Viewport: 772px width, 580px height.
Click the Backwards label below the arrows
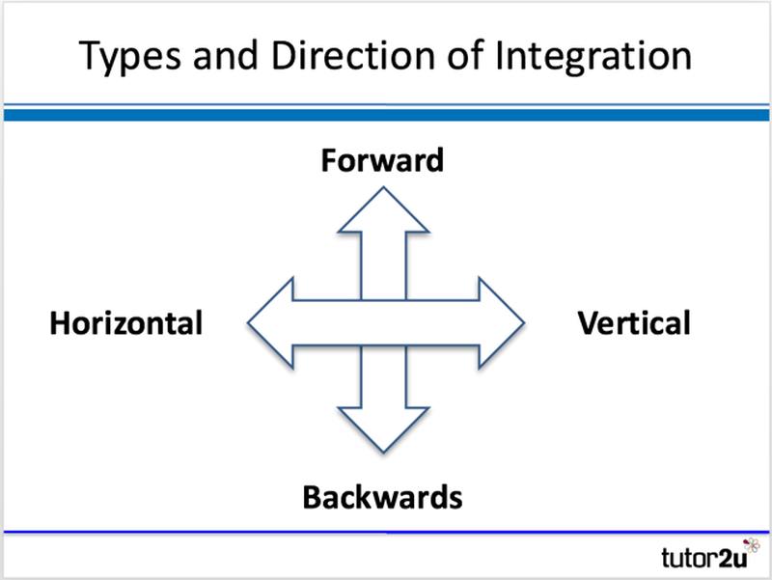tap(382, 498)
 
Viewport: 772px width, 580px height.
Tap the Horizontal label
tap(126, 322)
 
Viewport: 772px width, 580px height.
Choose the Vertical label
tap(634, 322)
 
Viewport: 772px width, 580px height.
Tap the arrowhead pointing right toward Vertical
tap(497, 322)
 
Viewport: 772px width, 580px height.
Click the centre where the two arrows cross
tap(383, 322)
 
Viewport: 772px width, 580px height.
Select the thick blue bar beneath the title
tap(386, 115)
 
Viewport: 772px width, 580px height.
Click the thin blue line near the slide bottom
tap(386, 531)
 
